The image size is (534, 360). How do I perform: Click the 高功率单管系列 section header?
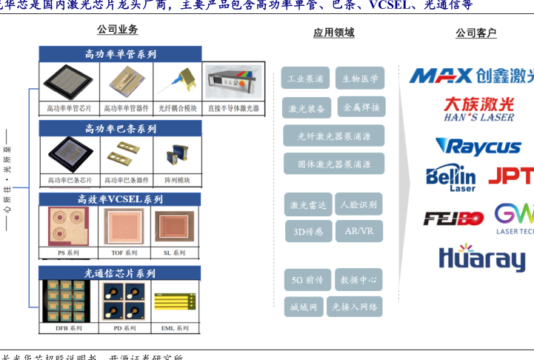click(x=121, y=54)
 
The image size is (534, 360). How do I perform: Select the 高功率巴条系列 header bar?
click(x=121, y=128)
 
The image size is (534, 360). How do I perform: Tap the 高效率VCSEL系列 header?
click(x=121, y=199)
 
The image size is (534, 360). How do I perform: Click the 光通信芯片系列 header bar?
click(x=121, y=273)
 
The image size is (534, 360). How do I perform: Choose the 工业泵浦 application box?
click(x=305, y=79)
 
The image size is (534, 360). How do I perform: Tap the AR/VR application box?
click(x=359, y=231)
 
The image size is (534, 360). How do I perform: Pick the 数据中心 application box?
click(x=359, y=280)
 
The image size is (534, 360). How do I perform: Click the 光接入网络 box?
click(x=355, y=306)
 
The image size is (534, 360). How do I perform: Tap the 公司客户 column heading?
click(x=475, y=33)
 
